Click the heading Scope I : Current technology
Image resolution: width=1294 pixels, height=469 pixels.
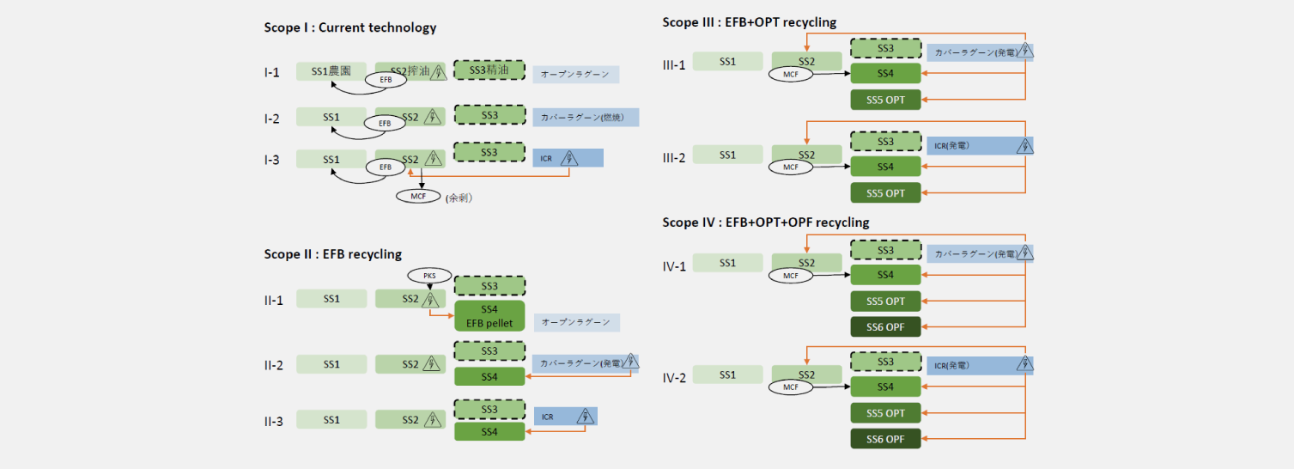pos(349,27)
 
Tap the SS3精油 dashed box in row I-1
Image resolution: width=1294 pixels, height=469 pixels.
pos(489,70)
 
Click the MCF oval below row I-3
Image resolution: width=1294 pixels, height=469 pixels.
pos(418,196)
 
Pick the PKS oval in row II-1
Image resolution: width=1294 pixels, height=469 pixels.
pos(429,276)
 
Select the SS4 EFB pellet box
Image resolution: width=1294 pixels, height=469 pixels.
pos(489,316)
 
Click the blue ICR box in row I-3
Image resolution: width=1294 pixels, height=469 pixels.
pos(568,158)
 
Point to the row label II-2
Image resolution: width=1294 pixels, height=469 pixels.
pos(273,365)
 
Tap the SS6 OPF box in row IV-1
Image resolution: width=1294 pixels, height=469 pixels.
pos(885,327)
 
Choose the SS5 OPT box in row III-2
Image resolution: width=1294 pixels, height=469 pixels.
pos(885,192)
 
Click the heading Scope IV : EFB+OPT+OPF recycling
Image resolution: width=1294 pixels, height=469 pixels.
pos(765,222)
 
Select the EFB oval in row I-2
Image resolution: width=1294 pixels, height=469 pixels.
pos(385,124)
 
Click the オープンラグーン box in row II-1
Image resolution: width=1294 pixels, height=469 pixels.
pos(575,322)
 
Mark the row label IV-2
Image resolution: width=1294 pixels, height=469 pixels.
pos(674,377)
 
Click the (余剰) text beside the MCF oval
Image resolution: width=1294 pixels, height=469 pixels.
pos(460,197)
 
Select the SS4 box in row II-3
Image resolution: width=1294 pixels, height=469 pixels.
pos(489,432)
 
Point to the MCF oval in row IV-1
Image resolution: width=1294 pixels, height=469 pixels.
pos(790,276)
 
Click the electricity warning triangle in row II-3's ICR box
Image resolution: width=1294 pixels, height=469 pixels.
pos(586,417)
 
